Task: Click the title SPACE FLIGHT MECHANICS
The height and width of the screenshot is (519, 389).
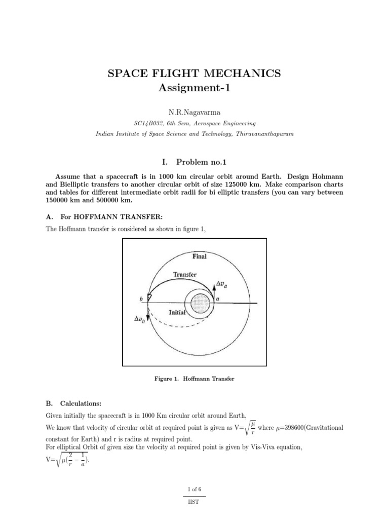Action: [194, 73]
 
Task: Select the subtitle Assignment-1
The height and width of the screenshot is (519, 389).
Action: [194, 89]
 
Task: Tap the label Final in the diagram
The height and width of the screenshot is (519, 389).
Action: [200, 256]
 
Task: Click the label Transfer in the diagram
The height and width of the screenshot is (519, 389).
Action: [185, 274]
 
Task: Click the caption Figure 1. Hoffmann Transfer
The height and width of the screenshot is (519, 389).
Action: [194, 379]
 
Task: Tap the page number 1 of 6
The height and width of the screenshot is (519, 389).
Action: [194, 490]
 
